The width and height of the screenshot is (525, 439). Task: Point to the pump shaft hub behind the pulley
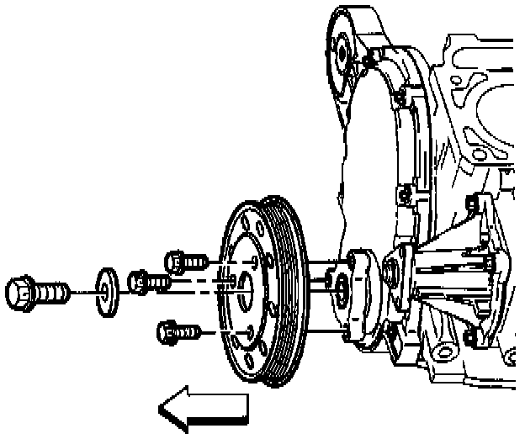(342, 290)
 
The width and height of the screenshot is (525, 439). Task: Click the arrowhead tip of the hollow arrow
(162, 410)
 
